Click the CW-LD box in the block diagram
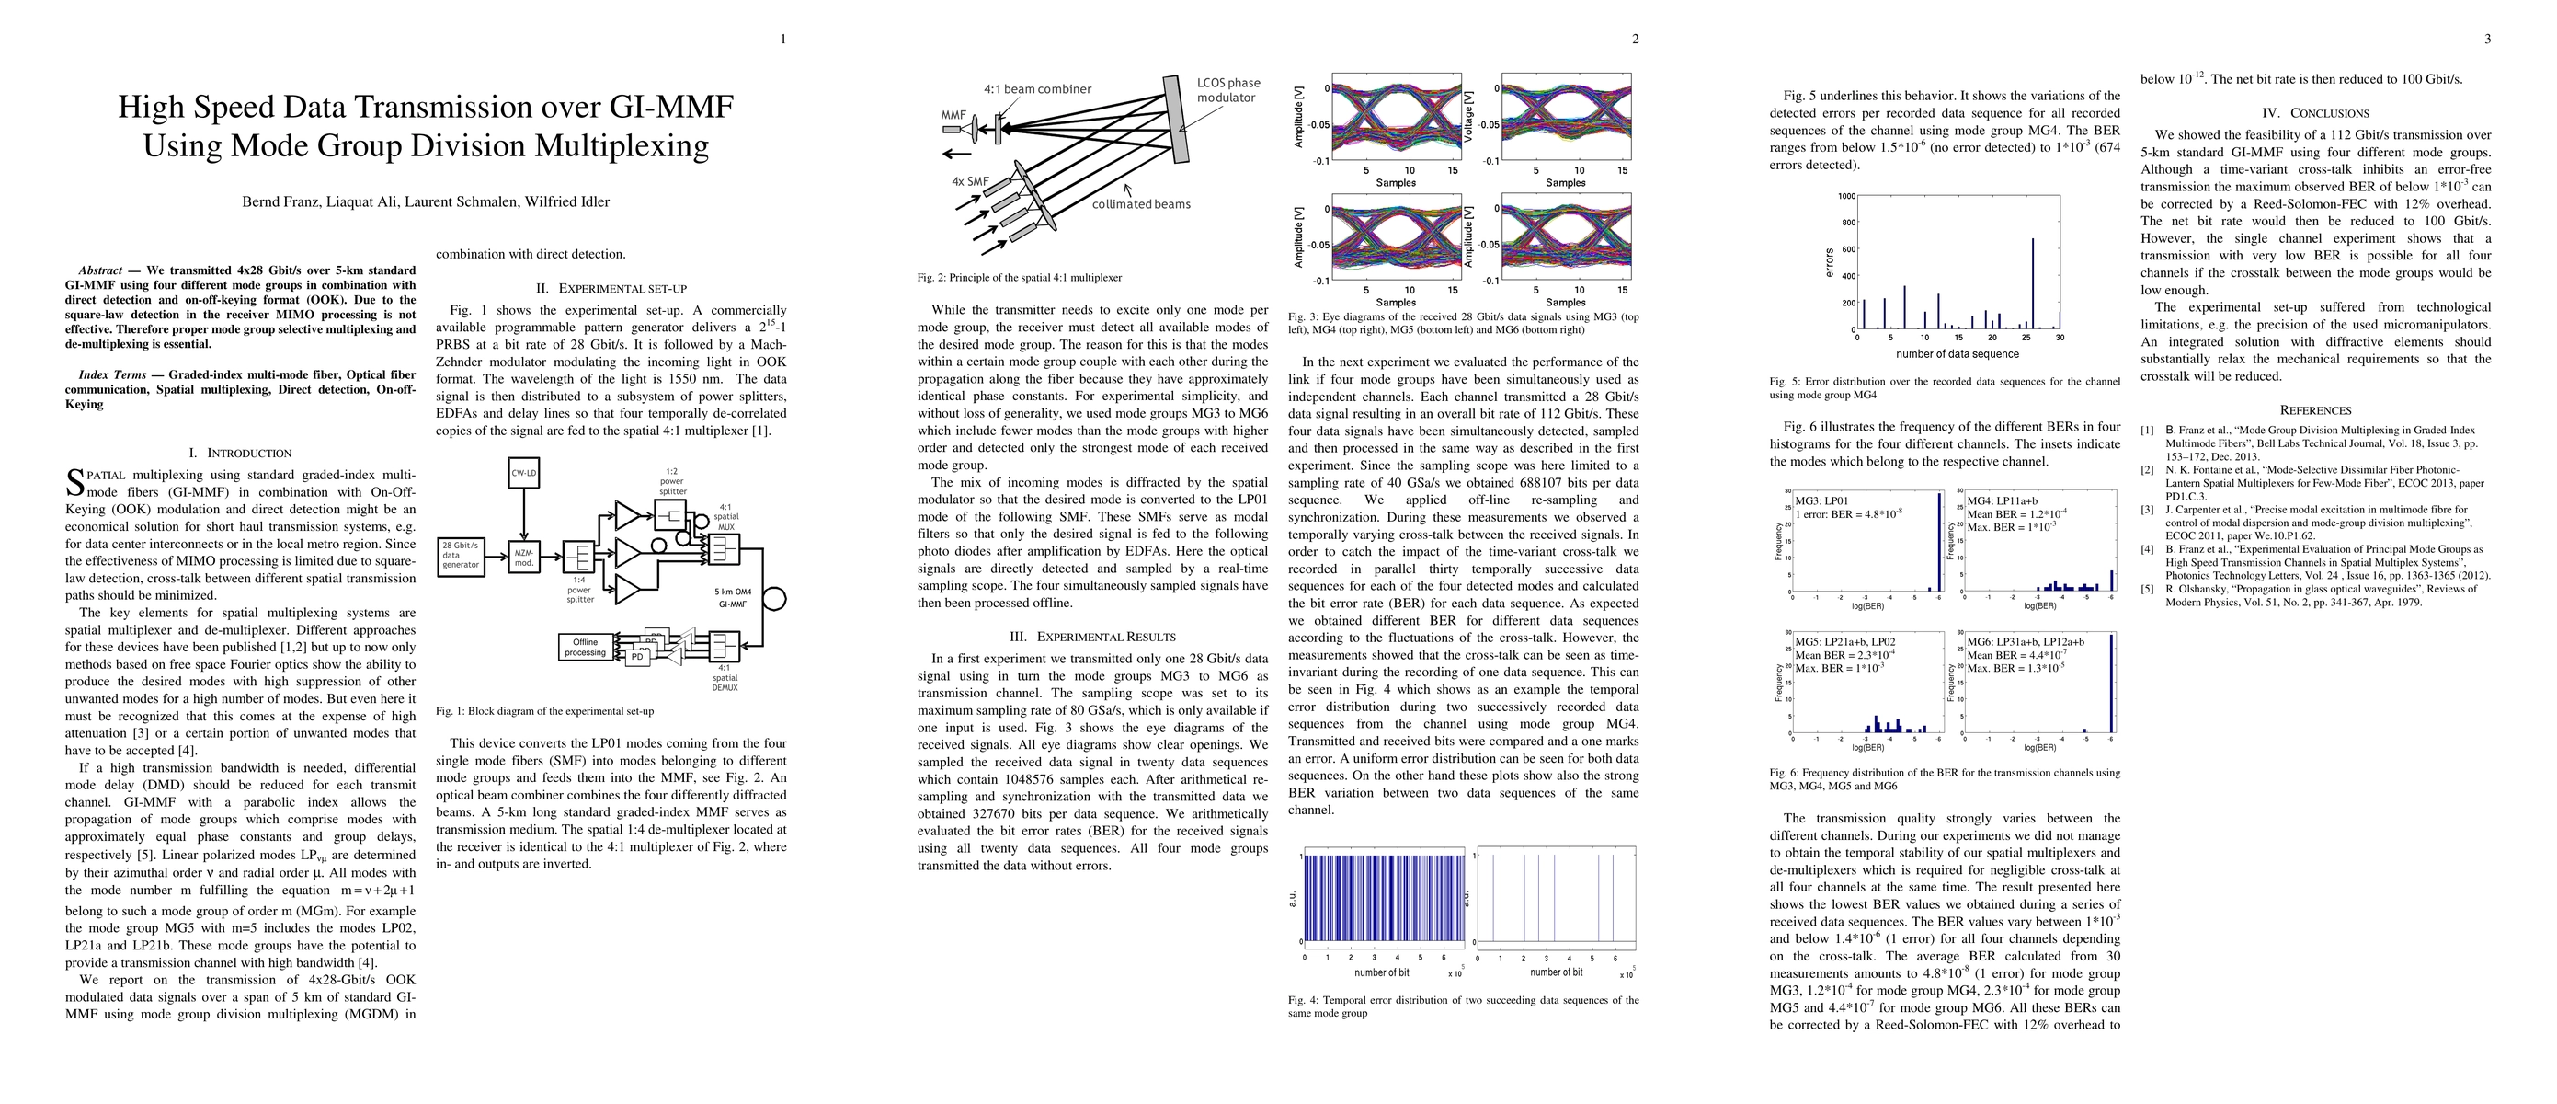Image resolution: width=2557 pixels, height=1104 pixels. click(x=523, y=474)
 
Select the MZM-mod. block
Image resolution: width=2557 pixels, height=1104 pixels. click(x=524, y=556)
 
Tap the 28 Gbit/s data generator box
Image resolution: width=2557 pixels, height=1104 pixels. click(x=461, y=556)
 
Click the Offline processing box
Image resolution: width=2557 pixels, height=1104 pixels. click(x=586, y=648)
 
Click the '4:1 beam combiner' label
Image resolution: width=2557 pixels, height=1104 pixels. click(x=1037, y=89)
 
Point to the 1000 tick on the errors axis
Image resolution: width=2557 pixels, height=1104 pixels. click(x=1845, y=197)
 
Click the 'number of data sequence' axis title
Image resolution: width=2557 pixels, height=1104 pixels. click(x=1957, y=354)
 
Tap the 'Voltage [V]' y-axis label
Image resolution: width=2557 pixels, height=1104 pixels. click(x=1469, y=115)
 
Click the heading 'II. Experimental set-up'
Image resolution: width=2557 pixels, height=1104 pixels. click(x=611, y=289)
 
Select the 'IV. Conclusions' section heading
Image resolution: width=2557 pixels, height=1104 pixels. click(x=2315, y=113)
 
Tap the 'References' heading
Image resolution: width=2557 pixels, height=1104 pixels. click(x=2315, y=410)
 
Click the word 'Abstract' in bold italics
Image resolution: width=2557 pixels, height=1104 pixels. click(x=99, y=270)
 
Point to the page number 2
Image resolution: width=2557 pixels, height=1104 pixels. click(x=1635, y=40)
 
